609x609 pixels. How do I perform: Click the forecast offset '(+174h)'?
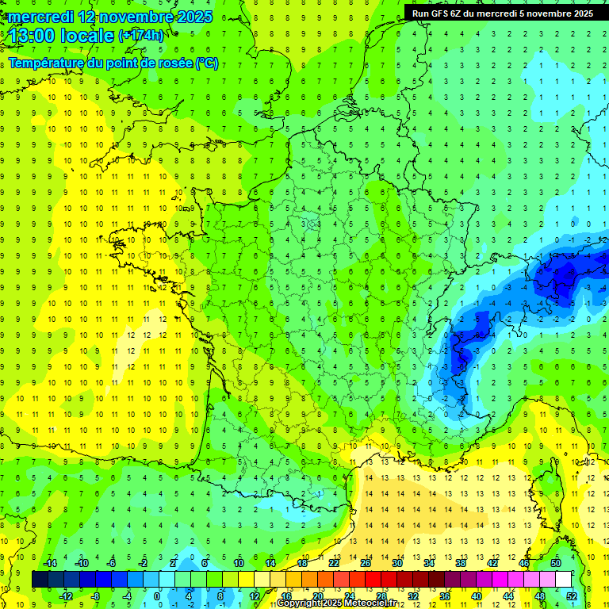point(140,36)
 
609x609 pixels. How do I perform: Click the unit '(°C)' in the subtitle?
point(206,63)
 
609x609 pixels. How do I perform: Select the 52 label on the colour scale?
point(572,596)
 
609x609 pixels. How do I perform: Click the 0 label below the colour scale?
point(156,596)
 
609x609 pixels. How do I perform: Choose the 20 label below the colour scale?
point(317,596)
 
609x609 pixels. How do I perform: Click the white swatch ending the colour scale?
point(563,580)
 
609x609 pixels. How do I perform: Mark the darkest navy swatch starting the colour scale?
point(40,580)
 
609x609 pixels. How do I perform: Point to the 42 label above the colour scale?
point(492,563)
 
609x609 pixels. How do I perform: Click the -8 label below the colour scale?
point(95,596)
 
